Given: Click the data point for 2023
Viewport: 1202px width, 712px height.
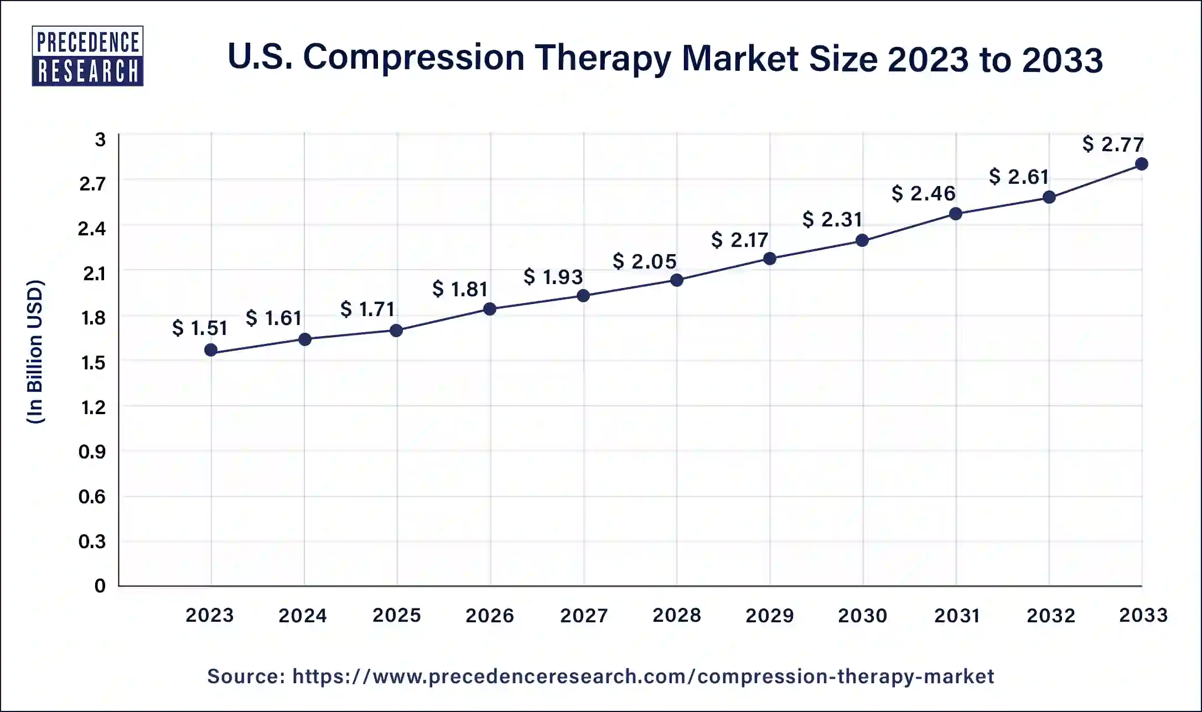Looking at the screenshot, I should pos(211,350).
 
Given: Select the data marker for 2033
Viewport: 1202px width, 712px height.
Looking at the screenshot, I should pos(1141,164).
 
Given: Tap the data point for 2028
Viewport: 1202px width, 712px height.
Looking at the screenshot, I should pos(676,280).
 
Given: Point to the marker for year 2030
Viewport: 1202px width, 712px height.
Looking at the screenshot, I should pos(862,240).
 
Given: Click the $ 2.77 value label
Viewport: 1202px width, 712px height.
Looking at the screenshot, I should pos(1113,145).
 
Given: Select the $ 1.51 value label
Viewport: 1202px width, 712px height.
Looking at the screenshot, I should pos(200,328).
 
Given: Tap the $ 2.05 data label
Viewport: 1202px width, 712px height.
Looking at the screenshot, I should pos(645,261).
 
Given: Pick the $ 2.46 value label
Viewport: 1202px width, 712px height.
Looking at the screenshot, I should pos(924,194).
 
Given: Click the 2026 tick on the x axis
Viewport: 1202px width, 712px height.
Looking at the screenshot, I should pos(490,615).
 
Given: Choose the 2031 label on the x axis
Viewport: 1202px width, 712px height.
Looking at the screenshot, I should pos(957,615).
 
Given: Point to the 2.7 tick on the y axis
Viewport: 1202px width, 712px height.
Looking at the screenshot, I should pos(92,183).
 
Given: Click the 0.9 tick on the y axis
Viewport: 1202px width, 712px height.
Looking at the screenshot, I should pos(92,452).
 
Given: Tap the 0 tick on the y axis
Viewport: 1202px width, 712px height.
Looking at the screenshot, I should pos(100,586).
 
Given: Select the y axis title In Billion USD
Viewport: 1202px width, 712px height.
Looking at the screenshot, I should pos(35,352).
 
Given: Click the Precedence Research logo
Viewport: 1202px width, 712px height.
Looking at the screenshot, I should pos(87,56).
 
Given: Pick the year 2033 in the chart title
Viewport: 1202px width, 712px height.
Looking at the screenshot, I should pos(1062,59).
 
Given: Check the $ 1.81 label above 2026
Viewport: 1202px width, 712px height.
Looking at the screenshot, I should pos(460,289).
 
